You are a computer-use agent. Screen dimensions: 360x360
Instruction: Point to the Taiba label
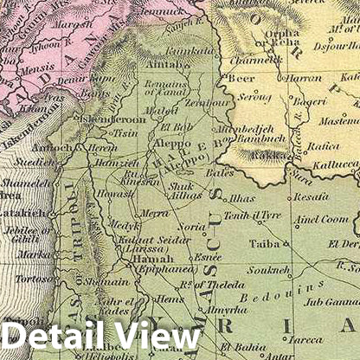264,244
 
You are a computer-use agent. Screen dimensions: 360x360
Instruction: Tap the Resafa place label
312,197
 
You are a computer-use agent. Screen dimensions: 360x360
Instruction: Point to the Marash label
71,24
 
